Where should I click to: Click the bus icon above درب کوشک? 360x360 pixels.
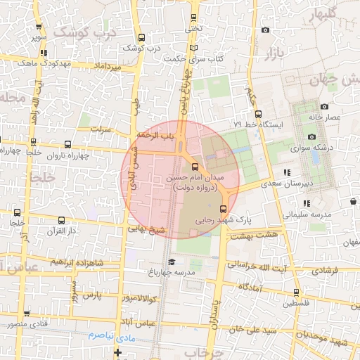[x=142, y=38]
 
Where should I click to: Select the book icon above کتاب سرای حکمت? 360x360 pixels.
[x=194, y=49]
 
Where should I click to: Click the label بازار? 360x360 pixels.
[x=273, y=53]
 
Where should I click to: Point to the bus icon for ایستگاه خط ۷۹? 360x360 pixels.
[x=258, y=114]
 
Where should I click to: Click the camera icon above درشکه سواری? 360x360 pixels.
[x=311, y=137]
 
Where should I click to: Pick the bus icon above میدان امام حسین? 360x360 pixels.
[x=195, y=167]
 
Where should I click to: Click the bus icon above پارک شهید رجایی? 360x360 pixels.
[x=224, y=209]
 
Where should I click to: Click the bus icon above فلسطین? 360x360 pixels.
[x=296, y=292]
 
